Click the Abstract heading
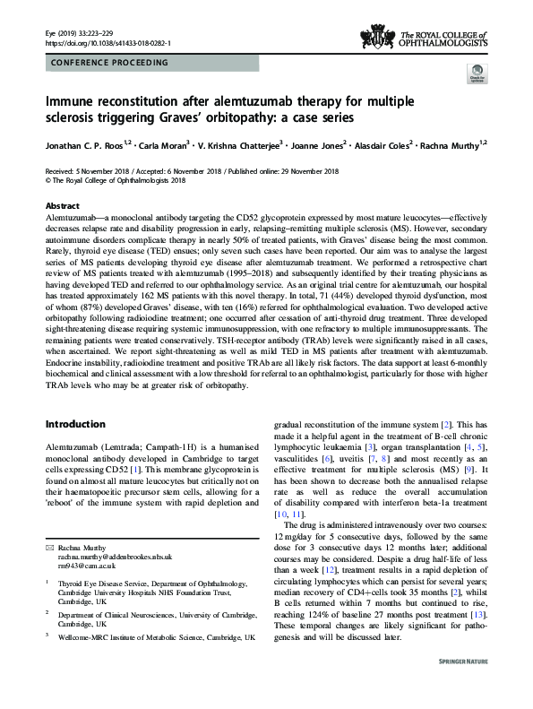click(x=62, y=205)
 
